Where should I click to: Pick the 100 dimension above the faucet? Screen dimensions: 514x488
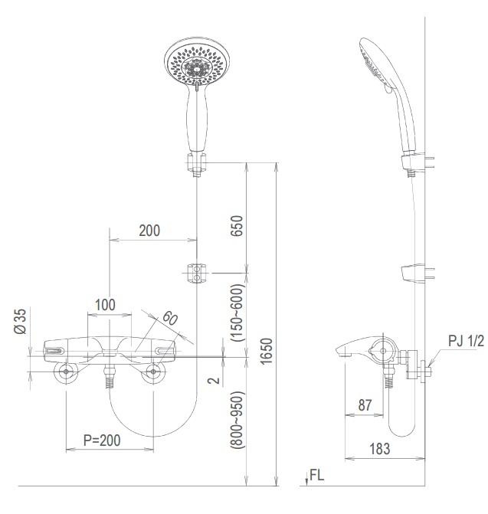coord(105,305)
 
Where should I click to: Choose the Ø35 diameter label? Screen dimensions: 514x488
coord(20,320)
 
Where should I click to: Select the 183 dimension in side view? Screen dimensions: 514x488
coord(379,448)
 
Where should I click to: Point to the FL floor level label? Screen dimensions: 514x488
coord(316,476)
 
